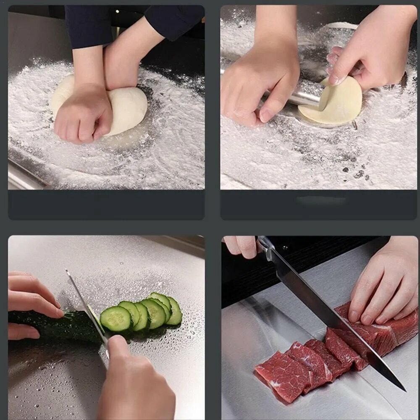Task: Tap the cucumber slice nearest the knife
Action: tap(116, 319)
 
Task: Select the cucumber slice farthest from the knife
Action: tap(174, 311)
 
